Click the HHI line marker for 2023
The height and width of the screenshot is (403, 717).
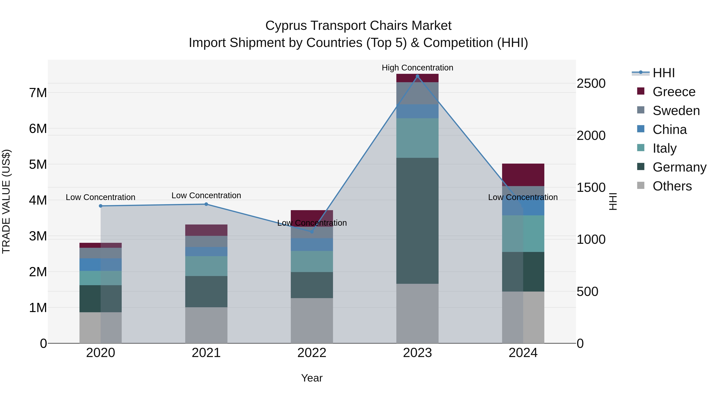417,76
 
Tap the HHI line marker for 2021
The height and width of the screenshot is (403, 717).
206,204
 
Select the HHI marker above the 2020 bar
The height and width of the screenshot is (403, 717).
101,206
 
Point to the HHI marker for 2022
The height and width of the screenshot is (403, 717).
312,232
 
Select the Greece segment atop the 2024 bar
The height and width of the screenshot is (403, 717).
523,175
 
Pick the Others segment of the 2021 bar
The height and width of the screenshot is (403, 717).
206,325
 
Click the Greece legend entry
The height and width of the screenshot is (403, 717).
674,92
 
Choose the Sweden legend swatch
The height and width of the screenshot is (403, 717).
641,110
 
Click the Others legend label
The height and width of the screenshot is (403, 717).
672,186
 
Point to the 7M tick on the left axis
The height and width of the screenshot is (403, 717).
38,93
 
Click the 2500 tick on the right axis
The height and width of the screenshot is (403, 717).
591,83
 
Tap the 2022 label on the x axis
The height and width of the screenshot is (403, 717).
312,353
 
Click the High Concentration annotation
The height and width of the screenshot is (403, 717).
417,68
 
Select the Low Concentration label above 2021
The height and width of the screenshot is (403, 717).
206,195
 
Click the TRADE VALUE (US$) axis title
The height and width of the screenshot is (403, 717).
6,201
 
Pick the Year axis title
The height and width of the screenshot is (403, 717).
312,378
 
